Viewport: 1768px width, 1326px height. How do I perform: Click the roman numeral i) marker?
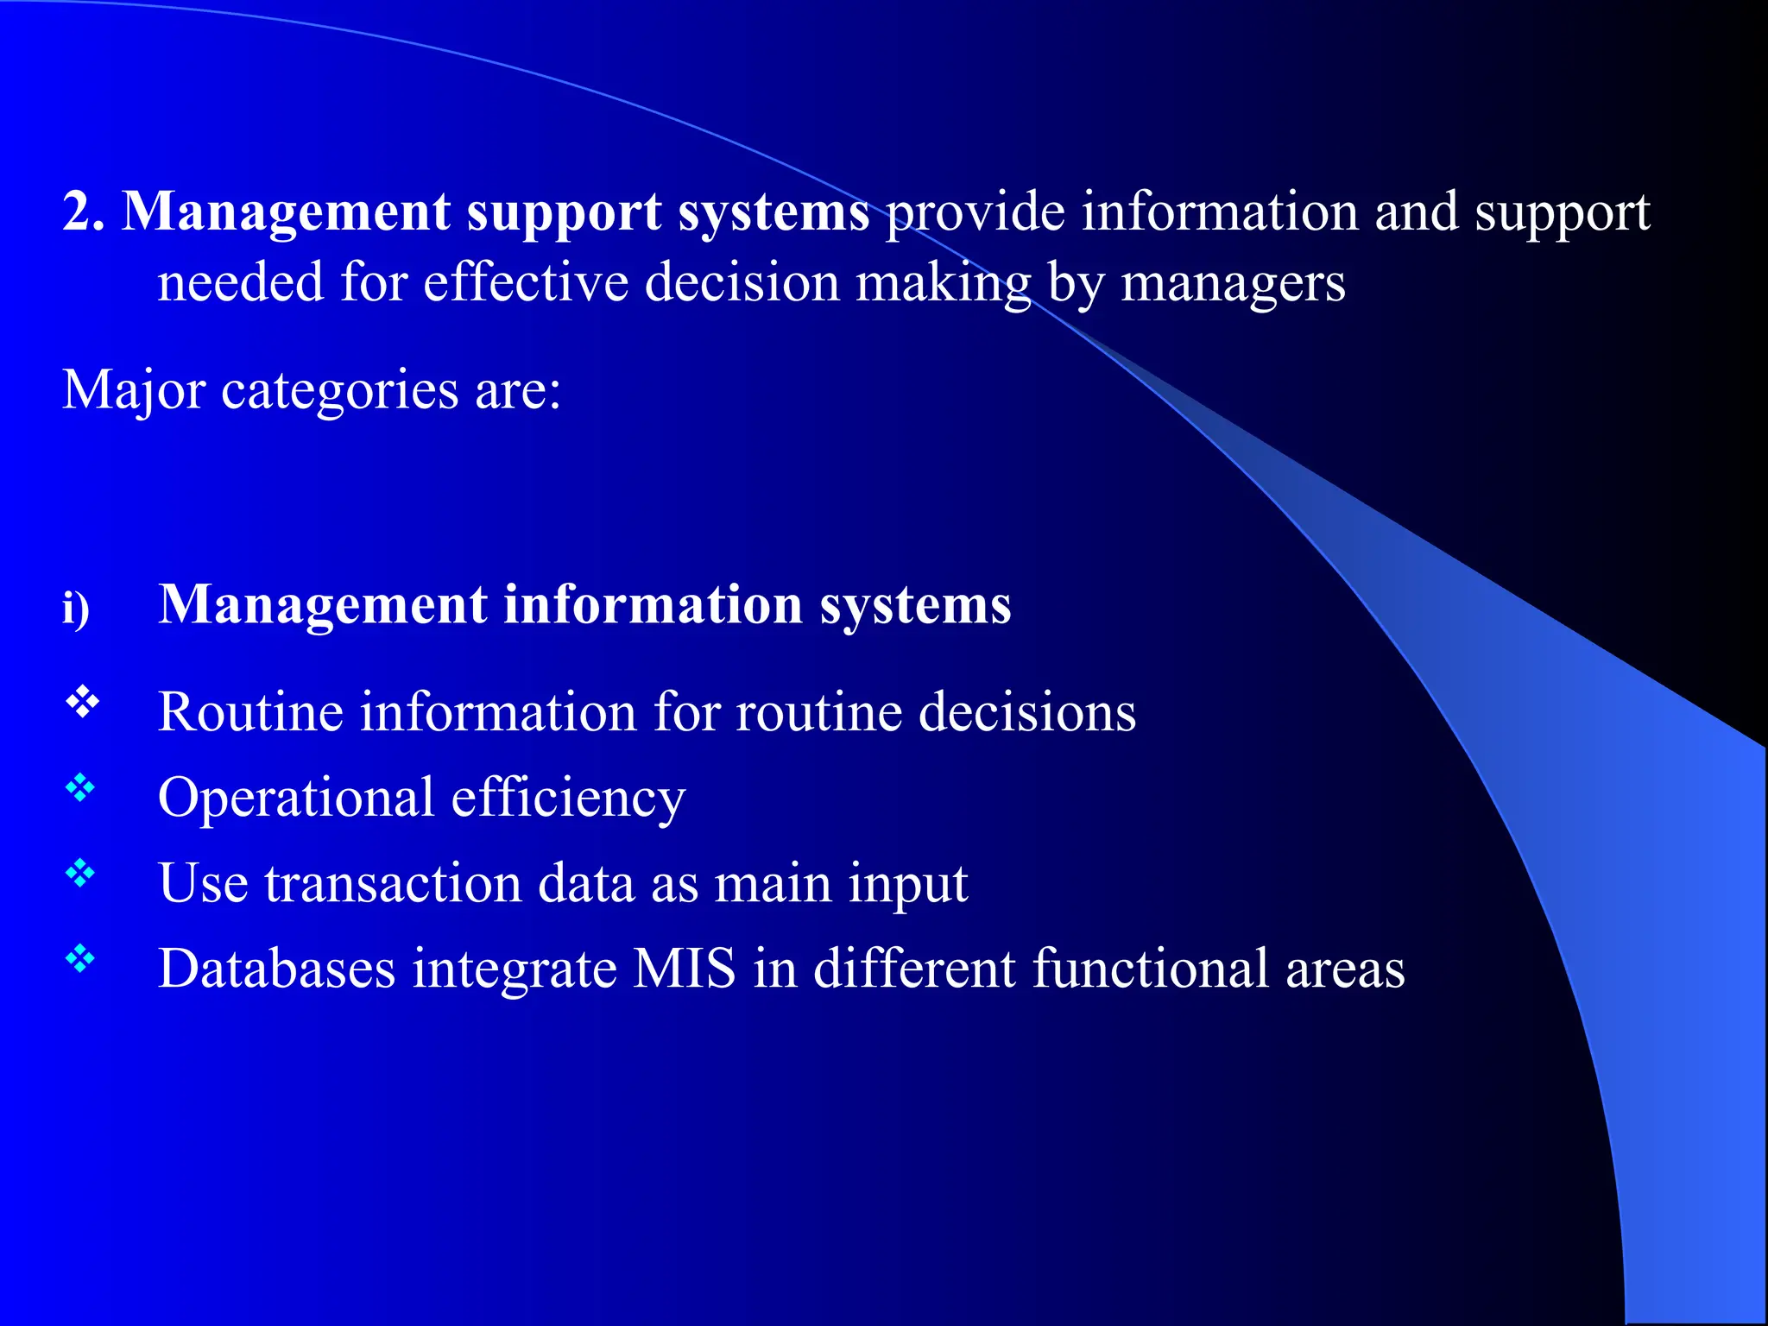point(76,609)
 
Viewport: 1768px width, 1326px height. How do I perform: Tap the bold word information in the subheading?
point(653,604)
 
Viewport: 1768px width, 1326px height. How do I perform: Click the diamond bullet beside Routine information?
point(82,703)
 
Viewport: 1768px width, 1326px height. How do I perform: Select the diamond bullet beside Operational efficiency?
point(80,787)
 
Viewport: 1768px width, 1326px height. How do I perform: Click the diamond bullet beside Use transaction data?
point(80,874)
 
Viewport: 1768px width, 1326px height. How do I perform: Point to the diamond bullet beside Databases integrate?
point(80,958)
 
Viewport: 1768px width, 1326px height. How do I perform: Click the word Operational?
point(295,799)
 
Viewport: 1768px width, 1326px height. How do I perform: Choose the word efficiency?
point(568,799)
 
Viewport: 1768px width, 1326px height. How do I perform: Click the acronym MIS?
point(685,968)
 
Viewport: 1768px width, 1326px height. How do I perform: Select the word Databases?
point(276,968)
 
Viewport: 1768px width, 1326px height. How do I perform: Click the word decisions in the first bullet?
point(1027,712)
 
